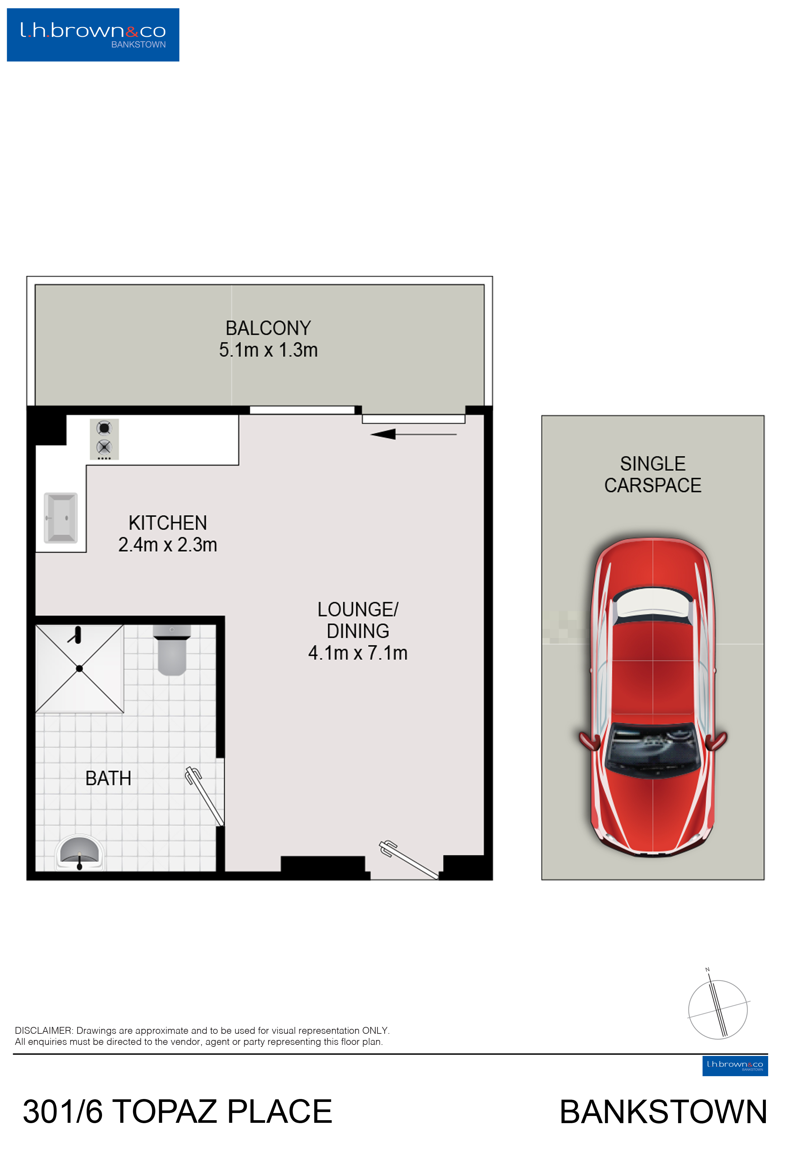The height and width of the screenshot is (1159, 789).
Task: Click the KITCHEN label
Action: click(x=168, y=523)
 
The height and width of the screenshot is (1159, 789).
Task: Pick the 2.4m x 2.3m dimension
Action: click(x=168, y=545)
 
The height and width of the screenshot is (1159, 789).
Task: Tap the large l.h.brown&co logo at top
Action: click(x=93, y=35)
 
